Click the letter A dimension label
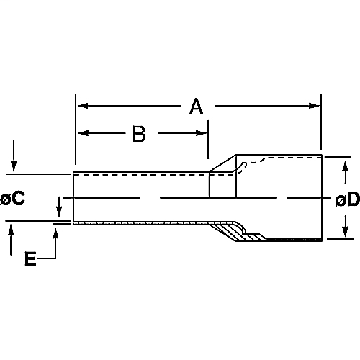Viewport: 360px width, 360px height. tap(196, 107)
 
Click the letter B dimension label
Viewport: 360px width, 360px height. tap(139, 134)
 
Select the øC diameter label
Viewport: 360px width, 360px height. tap(12, 198)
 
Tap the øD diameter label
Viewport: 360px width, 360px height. tap(348, 199)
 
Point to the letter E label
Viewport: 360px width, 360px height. tap(30, 258)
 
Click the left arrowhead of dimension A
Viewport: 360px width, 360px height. tap(83, 106)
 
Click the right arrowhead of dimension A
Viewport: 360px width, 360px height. tap(314, 106)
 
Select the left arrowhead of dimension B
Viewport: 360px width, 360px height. tap(83, 133)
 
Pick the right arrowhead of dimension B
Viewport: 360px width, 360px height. tap(202, 133)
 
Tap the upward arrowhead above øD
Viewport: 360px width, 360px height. tap(345, 166)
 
